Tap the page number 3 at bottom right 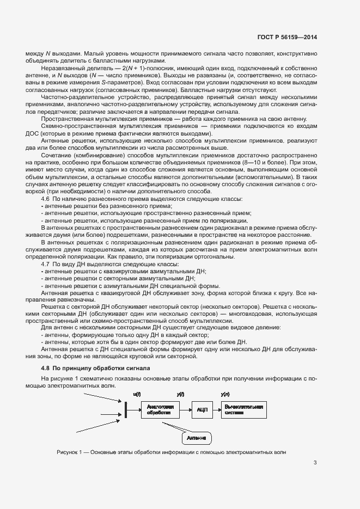[x=315, y=464]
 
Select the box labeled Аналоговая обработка [x=160, y=409]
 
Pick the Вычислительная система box [x=243, y=409]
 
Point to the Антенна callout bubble [x=196, y=438]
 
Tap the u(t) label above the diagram [x=137, y=393]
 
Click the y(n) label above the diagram [x=225, y=393]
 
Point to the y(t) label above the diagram [x=180, y=393]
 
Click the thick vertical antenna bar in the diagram [x=125, y=409]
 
